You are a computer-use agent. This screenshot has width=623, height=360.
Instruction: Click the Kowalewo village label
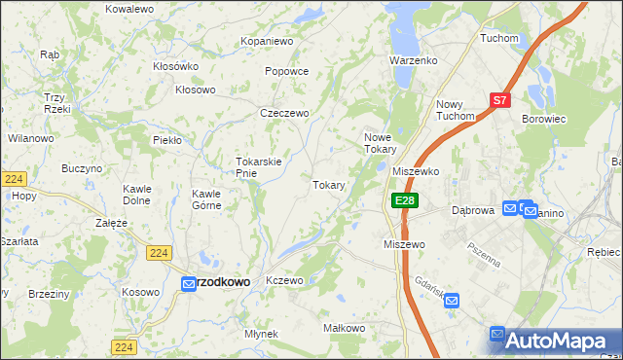[x=129, y=8]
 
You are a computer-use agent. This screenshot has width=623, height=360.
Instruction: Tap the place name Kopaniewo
[x=267, y=42]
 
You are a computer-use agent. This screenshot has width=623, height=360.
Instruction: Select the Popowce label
[x=286, y=71]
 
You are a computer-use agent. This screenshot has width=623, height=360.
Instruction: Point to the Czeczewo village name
[x=284, y=113]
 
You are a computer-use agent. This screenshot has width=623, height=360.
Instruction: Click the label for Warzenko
[x=414, y=60]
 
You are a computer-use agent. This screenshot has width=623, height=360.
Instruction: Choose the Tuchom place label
[x=496, y=38]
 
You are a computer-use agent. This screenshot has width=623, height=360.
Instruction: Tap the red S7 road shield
[x=499, y=99]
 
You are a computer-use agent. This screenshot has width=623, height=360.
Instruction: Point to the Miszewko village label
[x=416, y=170]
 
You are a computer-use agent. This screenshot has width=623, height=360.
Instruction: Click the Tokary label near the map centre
[x=329, y=184]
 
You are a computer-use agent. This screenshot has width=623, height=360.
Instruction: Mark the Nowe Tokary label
[x=380, y=143]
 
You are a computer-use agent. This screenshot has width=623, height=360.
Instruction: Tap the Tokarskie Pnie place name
[x=259, y=167]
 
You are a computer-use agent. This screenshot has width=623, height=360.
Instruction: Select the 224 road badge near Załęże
[x=161, y=253]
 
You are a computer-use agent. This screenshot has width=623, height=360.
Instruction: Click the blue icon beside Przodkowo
[x=189, y=283]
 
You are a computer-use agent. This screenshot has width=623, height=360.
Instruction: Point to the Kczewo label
[x=285, y=280]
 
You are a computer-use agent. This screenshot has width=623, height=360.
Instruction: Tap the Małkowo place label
[x=343, y=329]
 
